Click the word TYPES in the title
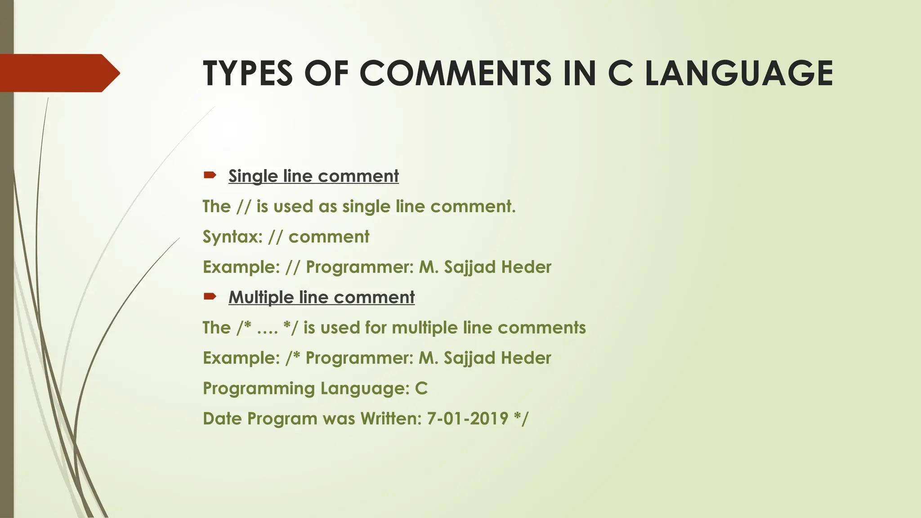click(x=248, y=73)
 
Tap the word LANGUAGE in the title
click(x=739, y=73)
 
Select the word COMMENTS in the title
click(x=455, y=73)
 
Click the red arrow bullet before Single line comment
click(x=210, y=175)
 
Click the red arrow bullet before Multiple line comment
click(x=210, y=296)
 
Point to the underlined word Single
click(x=253, y=176)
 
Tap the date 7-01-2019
click(x=468, y=419)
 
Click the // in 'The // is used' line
click(x=243, y=207)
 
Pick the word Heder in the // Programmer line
click(x=526, y=267)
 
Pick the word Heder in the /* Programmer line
click(x=526, y=358)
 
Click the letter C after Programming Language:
click(x=421, y=388)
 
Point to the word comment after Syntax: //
click(x=329, y=237)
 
